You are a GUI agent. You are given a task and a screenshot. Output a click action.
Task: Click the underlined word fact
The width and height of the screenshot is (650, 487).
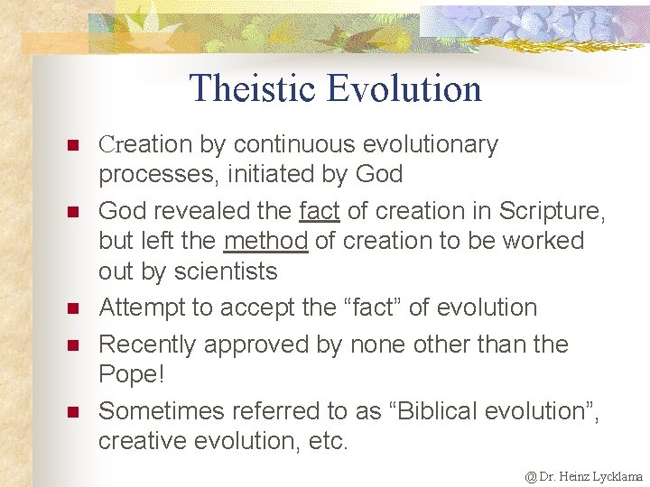[x=319, y=211]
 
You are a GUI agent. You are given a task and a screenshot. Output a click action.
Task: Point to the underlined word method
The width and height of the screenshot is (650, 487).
[x=265, y=241]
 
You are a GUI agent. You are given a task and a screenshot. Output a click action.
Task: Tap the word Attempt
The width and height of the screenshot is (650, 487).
[x=141, y=308]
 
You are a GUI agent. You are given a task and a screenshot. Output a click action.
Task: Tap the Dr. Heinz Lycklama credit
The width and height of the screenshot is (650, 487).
[x=584, y=475]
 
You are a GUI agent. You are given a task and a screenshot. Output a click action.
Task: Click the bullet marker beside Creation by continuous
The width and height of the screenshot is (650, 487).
[x=73, y=145]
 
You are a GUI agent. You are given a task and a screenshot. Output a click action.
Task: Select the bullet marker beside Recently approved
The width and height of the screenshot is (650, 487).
[x=73, y=345]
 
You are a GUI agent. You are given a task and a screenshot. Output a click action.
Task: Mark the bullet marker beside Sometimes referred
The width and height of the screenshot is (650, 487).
[x=73, y=412]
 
